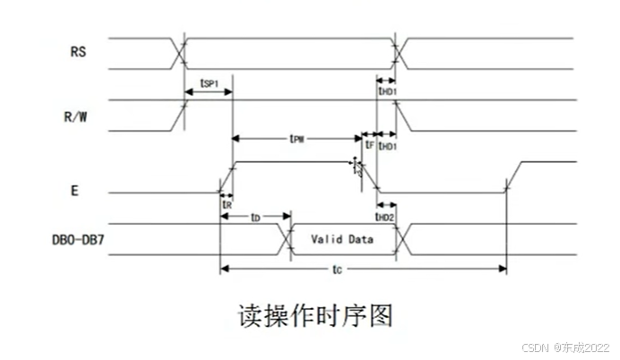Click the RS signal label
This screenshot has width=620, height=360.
tap(78, 51)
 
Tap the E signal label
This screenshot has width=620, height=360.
tap(74, 192)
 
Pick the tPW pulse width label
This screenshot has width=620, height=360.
tap(297, 140)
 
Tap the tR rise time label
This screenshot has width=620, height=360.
tap(227, 204)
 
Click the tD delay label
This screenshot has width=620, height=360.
tap(255, 217)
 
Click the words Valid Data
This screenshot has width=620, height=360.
tap(342, 239)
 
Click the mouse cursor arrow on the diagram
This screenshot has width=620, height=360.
tap(357, 167)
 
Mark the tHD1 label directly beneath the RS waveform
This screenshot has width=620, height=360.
tap(387, 90)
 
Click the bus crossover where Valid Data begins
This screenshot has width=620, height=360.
tap(288, 239)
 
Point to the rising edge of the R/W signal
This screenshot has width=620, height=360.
tap(182, 115)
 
